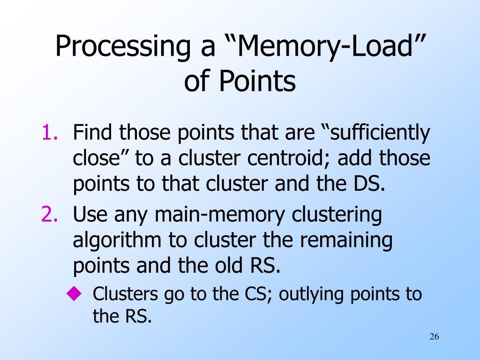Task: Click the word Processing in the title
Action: click(122, 46)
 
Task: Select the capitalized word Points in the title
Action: click(257, 81)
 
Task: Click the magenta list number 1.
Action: click(49, 132)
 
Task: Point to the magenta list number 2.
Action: click(49, 214)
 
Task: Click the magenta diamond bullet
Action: click(75, 293)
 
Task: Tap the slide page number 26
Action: click(435, 337)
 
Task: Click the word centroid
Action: click(288, 158)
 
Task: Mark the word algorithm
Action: click(117, 240)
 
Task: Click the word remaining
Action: click(346, 240)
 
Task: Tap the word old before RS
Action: click(228, 265)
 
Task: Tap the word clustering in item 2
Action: click(337, 215)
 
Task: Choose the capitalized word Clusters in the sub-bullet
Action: click(125, 294)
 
